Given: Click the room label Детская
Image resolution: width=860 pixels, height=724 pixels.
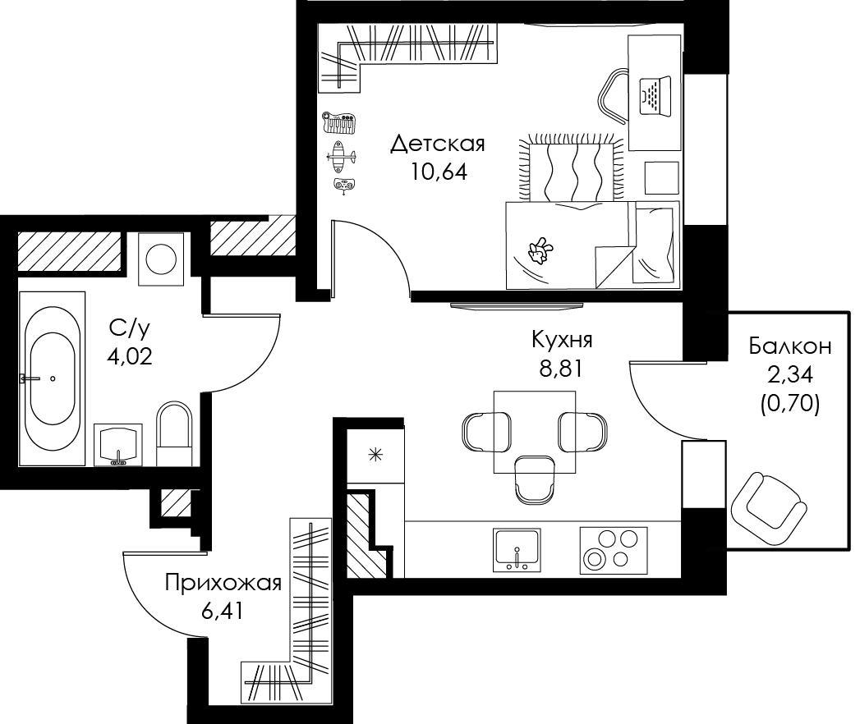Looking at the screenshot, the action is [438, 144].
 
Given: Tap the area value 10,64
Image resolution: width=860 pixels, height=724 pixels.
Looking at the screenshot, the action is [439, 172].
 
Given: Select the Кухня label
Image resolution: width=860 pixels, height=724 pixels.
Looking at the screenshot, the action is [562, 341].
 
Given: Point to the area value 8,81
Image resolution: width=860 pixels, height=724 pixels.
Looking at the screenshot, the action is [560, 369].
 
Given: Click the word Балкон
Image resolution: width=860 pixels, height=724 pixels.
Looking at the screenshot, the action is [790, 346].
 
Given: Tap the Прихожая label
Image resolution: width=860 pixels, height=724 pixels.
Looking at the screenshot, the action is [223, 584].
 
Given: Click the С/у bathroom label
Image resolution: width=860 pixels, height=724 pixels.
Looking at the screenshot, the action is [130, 328].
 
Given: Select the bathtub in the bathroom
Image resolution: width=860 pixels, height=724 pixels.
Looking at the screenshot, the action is [52, 378].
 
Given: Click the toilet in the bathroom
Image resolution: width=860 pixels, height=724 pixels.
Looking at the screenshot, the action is [174, 433].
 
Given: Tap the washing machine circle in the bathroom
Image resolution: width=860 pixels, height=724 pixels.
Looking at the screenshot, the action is [161, 259].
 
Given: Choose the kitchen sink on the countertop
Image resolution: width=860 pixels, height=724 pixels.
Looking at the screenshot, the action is [517, 549].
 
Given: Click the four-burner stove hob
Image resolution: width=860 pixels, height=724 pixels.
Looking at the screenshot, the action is [614, 550].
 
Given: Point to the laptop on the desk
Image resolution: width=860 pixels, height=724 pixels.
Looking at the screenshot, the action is [655, 95].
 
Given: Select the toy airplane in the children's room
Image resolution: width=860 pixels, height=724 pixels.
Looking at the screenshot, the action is [341, 156].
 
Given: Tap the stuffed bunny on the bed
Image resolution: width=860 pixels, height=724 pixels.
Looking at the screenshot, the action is [540, 251].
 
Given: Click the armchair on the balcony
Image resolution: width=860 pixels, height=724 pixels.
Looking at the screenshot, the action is [766, 507].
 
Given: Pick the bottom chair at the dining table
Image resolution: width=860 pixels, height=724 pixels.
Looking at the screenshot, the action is [535, 479].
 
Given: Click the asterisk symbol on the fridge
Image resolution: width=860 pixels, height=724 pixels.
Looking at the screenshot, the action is [375, 455].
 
